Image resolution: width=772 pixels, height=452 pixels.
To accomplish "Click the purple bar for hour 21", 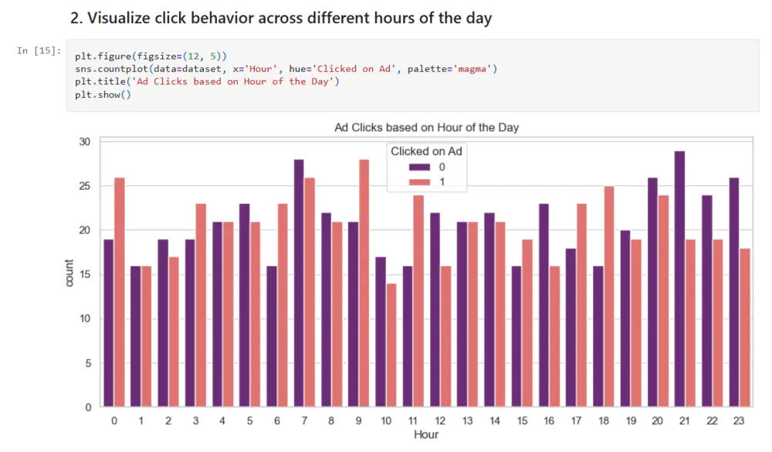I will click(x=679, y=278).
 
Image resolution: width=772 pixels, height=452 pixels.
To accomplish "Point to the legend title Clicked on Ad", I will click(x=426, y=151).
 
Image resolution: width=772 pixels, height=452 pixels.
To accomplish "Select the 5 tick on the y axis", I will click(x=88, y=363).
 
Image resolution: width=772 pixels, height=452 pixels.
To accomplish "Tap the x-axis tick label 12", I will click(x=439, y=421).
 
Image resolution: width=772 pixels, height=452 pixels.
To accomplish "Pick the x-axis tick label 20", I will click(x=657, y=421).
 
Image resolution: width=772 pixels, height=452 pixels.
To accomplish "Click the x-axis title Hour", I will click(x=426, y=435).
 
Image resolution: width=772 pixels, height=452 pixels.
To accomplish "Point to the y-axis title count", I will click(x=70, y=274).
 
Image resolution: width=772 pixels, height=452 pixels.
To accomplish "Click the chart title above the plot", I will click(x=426, y=127).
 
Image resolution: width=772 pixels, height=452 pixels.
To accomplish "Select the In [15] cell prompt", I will click(x=38, y=51).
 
